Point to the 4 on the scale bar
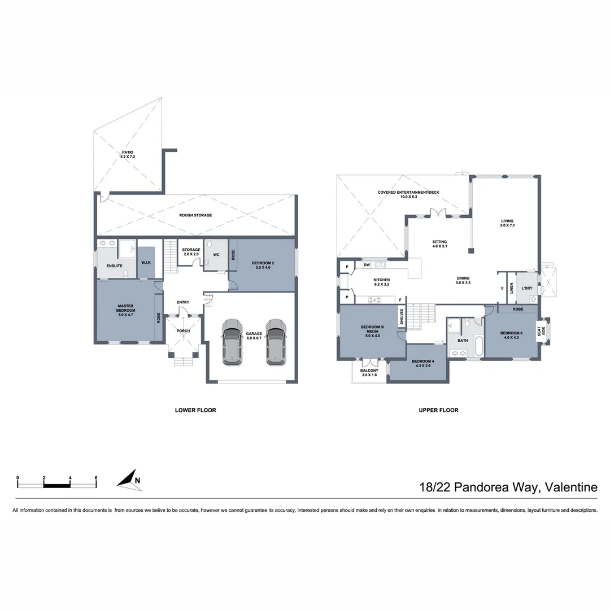pyautogui.click(x=70, y=478)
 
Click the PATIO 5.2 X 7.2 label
pyautogui.click(x=128, y=154)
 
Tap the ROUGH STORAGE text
pyautogui.click(x=195, y=215)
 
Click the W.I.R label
pyautogui.click(x=145, y=262)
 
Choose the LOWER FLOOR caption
pyautogui.click(x=195, y=410)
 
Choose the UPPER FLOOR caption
pyautogui.click(x=438, y=410)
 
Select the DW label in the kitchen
pyautogui.click(x=367, y=264)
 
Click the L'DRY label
pyautogui.click(x=526, y=288)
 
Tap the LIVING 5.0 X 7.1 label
pyautogui.click(x=505, y=223)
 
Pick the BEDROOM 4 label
pyautogui.click(x=422, y=364)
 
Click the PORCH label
pyautogui.click(x=184, y=330)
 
